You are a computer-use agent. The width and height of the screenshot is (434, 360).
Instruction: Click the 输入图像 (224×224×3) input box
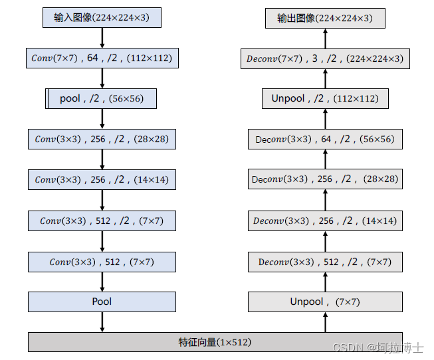click(102, 17)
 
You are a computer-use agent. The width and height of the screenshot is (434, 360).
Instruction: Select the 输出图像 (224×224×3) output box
click(325, 18)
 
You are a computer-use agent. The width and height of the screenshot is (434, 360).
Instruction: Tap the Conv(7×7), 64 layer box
click(102, 58)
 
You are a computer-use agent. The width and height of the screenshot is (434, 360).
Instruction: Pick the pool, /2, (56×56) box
click(102, 99)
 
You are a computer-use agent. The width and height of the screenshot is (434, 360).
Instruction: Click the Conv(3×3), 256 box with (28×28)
click(102, 139)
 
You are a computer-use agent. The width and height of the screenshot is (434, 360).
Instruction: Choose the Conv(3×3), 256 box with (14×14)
click(102, 179)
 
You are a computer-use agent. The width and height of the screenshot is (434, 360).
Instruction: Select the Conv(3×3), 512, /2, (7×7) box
click(102, 221)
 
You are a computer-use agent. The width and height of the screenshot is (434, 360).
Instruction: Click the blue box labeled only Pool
click(102, 302)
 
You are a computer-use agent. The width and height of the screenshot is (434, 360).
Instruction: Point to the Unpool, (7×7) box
click(325, 302)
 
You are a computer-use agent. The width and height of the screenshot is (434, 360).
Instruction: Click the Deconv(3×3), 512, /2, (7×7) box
click(325, 262)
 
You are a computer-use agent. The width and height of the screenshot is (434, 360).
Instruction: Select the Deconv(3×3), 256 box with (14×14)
click(325, 221)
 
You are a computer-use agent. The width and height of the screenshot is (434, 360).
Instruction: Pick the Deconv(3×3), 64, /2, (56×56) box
click(325, 139)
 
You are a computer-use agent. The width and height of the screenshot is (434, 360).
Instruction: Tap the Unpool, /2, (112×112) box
click(325, 99)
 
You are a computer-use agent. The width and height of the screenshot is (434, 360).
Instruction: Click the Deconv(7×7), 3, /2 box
click(325, 58)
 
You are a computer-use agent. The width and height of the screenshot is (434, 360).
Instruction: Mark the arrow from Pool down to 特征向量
click(102, 321)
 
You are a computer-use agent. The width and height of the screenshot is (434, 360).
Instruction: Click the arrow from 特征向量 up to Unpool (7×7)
click(325, 322)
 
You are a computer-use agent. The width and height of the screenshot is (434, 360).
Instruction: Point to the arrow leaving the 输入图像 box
click(102, 38)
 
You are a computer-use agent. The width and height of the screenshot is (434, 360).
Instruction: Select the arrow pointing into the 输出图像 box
click(325, 38)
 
